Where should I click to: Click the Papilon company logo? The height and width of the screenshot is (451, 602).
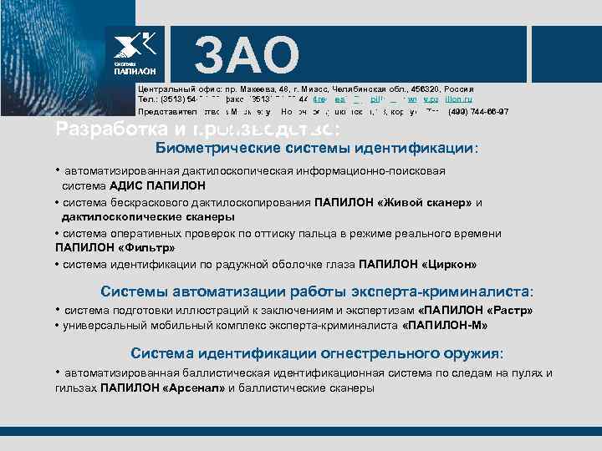click(135, 54)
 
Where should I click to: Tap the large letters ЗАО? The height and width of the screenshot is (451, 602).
click(246, 56)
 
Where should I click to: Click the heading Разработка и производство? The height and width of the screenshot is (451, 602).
click(198, 128)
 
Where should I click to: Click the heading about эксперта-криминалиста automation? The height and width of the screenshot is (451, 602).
click(317, 292)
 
